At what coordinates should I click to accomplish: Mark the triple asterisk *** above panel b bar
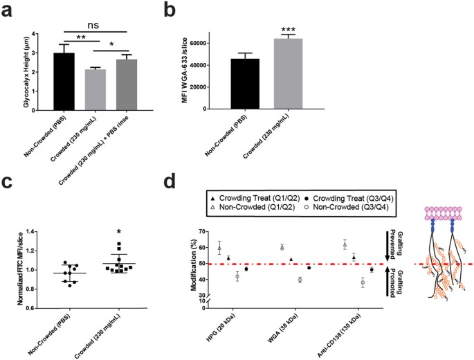[x=289, y=28]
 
